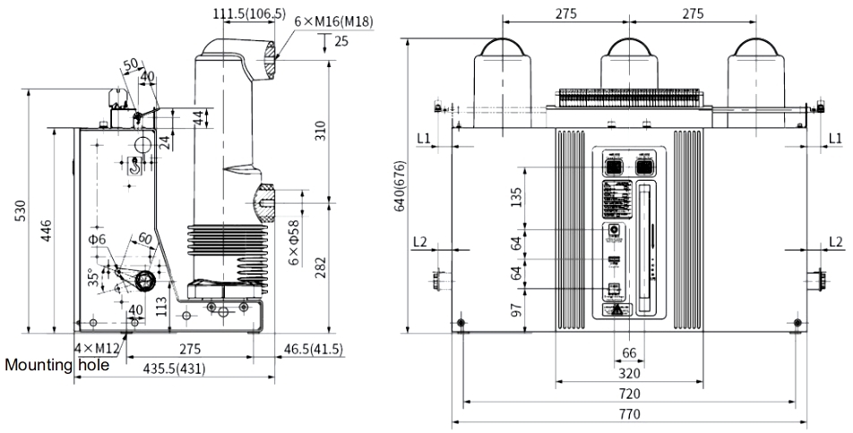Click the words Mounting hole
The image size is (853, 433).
tap(57, 365)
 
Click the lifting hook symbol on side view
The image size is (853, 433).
tap(134, 164)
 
